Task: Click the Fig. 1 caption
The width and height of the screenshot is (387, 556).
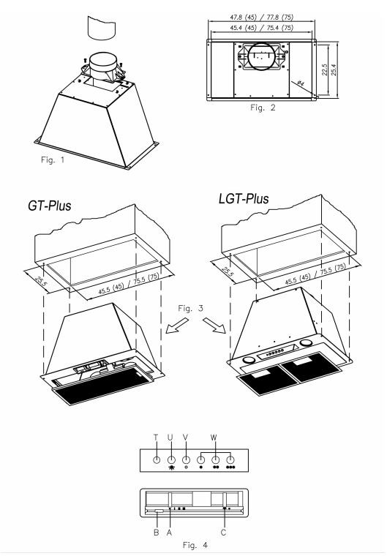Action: [x=53, y=160]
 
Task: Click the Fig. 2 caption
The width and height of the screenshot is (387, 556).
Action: [x=263, y=108]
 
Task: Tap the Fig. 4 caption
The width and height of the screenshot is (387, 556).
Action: [x=195, y=544]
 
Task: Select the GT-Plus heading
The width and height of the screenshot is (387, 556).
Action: [x=49, y=206]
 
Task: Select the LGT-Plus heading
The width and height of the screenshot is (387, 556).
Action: [x=244, y=198]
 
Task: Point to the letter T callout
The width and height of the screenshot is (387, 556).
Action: [x=156, y=437]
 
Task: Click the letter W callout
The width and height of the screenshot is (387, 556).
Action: [x=213, y=437]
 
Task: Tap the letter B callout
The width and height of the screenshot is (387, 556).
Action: [x=156, y=533]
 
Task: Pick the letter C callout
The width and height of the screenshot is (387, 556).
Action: [x=223, y=533]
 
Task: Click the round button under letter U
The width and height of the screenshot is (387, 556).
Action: [x=171, y=460]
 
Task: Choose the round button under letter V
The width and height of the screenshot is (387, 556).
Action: [x=186, y=460]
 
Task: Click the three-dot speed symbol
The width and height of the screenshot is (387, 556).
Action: [x=230, y=467]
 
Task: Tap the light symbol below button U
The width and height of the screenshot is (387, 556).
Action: [x=172, y=467]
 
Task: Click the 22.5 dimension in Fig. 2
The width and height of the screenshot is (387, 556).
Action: [x=324, y=69]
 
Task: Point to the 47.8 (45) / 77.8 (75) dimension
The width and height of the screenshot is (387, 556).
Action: [x=262, y=17]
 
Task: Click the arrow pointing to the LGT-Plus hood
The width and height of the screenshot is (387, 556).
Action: [x=214, y=326]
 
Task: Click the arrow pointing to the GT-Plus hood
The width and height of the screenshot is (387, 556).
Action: [x=177, y=326]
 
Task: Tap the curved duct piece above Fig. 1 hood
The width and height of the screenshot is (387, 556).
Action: [x=102, y=27]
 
